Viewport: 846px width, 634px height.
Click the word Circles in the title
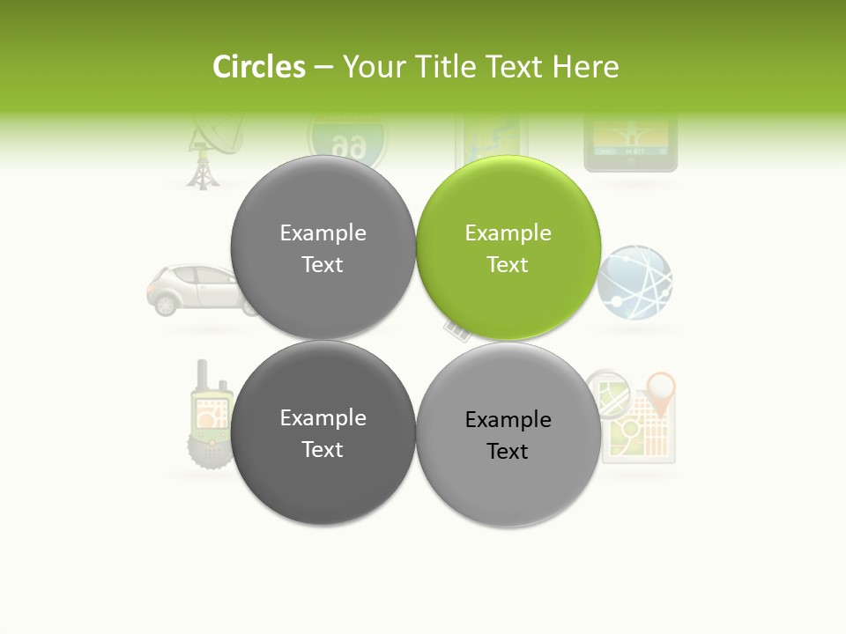coord(259,67)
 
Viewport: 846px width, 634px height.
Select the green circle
coord(508,247)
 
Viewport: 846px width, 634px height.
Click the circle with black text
coord(508,434)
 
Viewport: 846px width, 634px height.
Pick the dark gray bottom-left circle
coord(323,432)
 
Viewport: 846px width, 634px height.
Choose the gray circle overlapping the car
coord(323,247)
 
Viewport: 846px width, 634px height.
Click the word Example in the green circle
coord(508,233)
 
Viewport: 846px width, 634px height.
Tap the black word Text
coord(508,452)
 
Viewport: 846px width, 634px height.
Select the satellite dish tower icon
coord(205,153)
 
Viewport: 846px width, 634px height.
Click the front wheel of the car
coord(165,304)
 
